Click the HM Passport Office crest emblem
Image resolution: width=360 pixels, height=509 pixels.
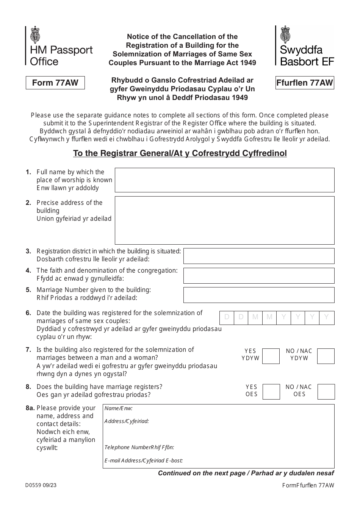35,34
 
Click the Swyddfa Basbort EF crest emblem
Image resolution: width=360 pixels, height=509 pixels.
285,34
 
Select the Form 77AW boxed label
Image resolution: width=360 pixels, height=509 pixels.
55,83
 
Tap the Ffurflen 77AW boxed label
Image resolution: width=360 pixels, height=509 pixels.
305,83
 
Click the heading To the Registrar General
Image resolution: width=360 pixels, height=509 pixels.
180,153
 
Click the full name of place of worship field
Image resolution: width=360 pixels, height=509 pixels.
224,180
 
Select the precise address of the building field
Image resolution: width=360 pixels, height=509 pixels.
224,220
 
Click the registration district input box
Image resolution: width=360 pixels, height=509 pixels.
259,256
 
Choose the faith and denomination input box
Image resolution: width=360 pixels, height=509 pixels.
259,276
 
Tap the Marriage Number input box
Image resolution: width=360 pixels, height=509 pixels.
259,295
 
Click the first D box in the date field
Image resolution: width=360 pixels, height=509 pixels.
227,317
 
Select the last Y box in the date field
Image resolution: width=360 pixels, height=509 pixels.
327,317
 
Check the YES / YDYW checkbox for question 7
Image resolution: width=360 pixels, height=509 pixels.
271,356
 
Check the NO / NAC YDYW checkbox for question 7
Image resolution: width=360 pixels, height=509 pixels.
326,356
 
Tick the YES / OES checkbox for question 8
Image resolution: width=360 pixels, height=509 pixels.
271,392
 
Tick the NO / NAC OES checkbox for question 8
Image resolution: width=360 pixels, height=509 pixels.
326,392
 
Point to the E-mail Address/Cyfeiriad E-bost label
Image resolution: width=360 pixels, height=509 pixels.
144,461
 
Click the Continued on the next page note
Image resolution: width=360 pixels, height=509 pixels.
246,473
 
